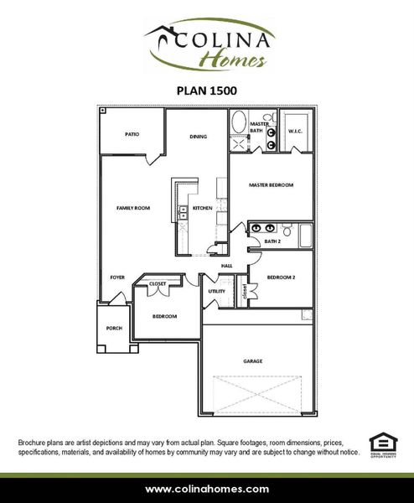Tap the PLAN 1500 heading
206,87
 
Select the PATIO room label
132,133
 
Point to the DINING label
198,136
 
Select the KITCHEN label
202,208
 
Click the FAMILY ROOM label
133,207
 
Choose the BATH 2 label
272,241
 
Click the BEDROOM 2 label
282,276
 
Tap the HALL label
226,267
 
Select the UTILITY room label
217,292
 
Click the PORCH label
114,328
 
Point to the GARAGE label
252,361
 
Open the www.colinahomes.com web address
207,489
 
